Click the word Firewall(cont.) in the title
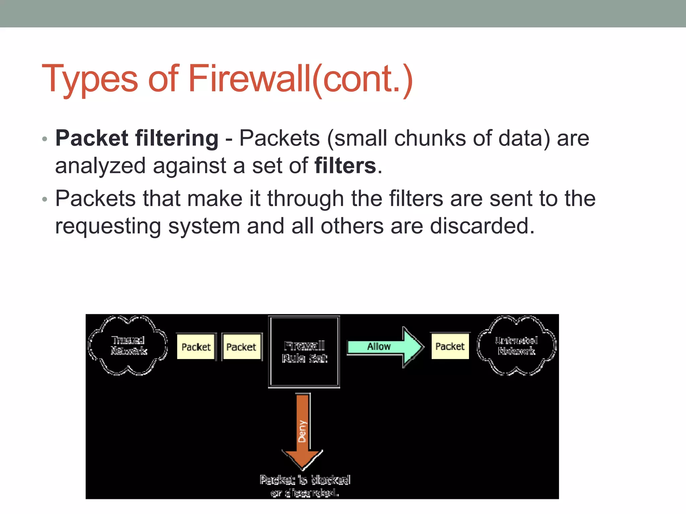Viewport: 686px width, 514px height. click(x=300, y=79)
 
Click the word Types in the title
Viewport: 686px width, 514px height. click(x=90, y=79)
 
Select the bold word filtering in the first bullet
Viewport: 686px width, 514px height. click(x=177, y=138)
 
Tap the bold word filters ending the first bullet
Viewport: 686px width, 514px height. click(x=345, y=166)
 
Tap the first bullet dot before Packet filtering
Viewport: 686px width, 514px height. click(x=45, y=139)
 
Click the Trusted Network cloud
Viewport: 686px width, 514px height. click(x=128, y=345)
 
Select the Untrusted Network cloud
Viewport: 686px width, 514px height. click(x=517, y=345)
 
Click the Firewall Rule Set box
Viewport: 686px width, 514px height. click(x=304, y=351)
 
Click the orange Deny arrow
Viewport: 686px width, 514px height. click(x=303, y=432)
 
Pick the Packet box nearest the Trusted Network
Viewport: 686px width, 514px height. click(x=196, y=347)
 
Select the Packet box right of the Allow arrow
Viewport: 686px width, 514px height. click(x=450, y=346)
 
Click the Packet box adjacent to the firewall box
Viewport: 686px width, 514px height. click(x=241, y=347)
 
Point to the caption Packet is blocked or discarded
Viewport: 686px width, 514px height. click(x=305, y=486)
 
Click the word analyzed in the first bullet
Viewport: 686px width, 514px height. click(x=100, y=166)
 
